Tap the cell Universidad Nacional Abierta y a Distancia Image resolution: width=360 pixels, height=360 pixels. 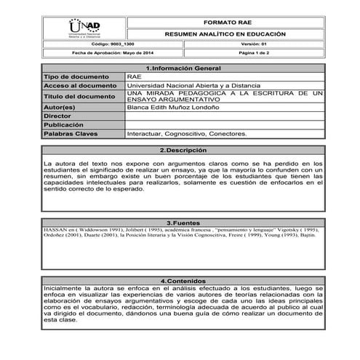click(x=191, y=85)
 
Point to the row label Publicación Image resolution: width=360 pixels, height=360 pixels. click(x=61, y=124)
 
